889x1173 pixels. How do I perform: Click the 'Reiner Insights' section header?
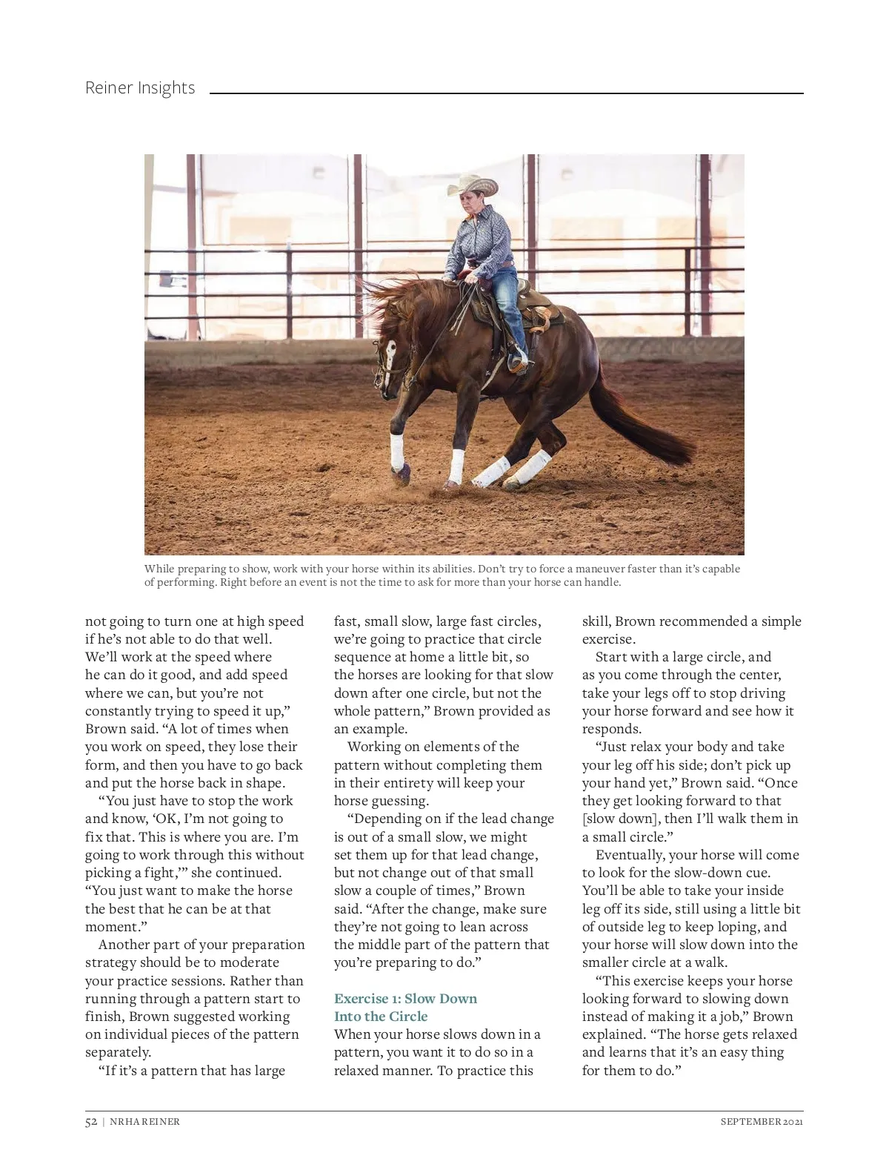pyautogui.click(x=140, y=87)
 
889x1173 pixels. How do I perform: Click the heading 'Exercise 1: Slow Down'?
pyautogui.click(x=405, y=998)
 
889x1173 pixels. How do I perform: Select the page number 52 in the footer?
pyautogui.click(x=91, y=1121)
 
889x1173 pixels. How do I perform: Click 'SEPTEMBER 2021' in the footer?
pyautogui.click(x=762, y=1121)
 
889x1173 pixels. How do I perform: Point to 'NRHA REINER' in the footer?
pyautogui.click(x=144, y=1121)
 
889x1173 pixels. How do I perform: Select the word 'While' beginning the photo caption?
pyautogui.click(x=159, y=569)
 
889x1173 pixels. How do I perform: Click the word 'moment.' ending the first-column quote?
pyautogui.click(x=111, y=927)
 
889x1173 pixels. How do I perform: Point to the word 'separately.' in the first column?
pyautogui.click(x=119, y=1052)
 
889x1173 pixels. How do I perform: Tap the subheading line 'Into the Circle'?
pyautogui.click(x=381, y=1017)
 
